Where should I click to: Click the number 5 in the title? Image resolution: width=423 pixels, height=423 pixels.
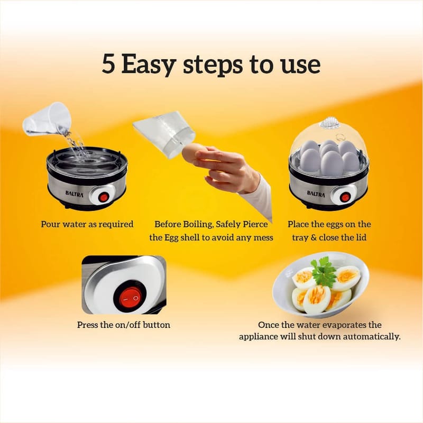[x=109, y=64]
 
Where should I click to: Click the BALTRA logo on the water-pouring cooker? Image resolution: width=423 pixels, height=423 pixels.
[x=75, y=194]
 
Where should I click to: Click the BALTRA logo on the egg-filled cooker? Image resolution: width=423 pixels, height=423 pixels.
[x=316, y=194]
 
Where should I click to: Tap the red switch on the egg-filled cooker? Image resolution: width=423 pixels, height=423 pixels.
[x=345, y=197]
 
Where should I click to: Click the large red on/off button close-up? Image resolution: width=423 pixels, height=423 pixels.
[x=131, y=298]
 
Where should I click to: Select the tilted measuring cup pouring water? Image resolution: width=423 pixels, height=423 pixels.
[x=47, y=119]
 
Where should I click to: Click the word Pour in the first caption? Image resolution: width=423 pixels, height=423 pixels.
[x=50, y=224]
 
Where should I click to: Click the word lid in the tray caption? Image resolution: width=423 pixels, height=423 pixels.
[x=361, y=237]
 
